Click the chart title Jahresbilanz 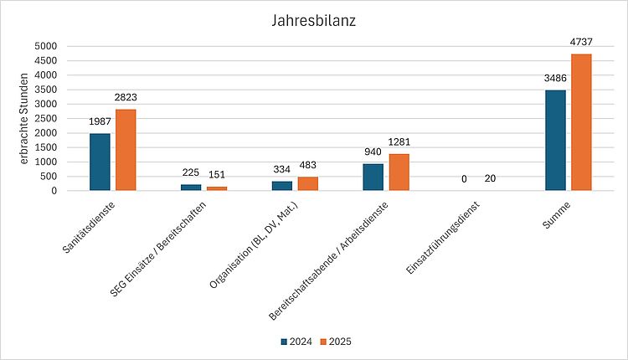click(314, 20)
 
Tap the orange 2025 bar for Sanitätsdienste click(126, 150)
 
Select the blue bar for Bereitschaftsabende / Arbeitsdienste click(373, 177)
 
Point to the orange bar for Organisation click(308, 183)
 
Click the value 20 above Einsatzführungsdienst click(490, 179)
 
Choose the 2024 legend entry click(296, 342)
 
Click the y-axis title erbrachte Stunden click(25, 118)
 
